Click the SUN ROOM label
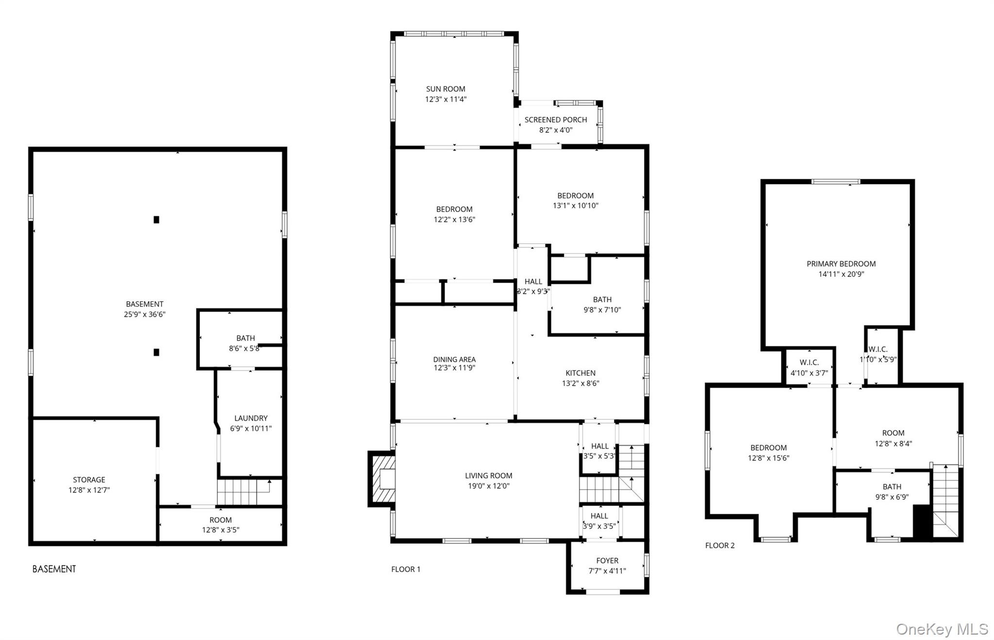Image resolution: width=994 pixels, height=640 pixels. pos(445,89)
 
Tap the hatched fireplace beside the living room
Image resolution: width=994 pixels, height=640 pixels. pos(382,479)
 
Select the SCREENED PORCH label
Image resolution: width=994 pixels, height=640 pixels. pos(555,119)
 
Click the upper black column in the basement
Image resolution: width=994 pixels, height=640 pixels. pos(156,220)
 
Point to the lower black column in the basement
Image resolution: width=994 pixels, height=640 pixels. pos(156,352)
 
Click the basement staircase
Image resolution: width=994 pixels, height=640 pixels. pos(243,492)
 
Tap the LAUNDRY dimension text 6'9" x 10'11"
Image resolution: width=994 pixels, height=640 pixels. pos(250,428)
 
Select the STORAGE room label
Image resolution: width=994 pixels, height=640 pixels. pos(89,479)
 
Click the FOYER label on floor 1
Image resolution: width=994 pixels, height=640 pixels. pos(607,560)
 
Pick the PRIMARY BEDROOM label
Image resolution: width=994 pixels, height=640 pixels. pos(841,264)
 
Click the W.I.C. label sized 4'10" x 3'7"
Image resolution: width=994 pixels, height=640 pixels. pos(809,362)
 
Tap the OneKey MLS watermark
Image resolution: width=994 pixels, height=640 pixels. pos(942,629)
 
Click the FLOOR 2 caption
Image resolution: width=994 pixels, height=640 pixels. pos(719,545)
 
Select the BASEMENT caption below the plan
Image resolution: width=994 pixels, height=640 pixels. pos(54,569)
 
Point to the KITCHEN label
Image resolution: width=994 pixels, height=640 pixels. pos(580,373)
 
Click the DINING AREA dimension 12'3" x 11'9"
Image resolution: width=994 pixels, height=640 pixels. pos(454,368)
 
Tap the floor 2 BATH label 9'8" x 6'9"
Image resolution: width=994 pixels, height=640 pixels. pos(892,487)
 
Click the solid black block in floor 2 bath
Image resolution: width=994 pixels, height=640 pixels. pos(922,522)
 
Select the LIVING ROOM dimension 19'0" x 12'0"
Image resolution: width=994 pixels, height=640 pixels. pos(488,486)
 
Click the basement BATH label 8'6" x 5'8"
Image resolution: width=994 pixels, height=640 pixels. pos(245,338)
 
